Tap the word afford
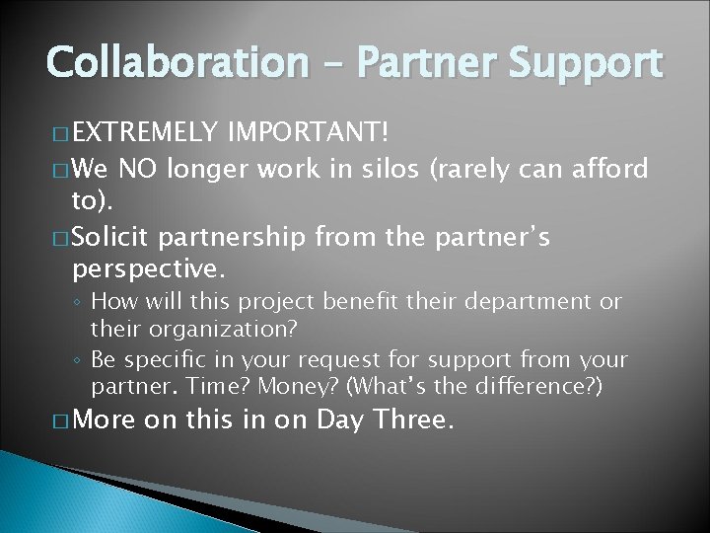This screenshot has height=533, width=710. [x=606, y=170]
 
